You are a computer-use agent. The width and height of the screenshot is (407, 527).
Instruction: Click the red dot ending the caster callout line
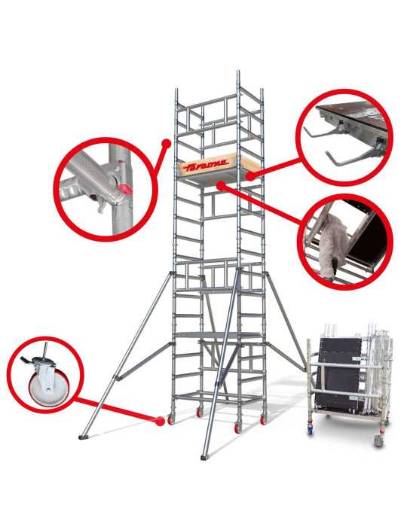click(x=161, y=421)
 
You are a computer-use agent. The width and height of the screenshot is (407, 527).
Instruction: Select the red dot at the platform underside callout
click(x=221, y=186)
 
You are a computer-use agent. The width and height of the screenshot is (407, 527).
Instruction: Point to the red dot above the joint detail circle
click(x=166, y=144)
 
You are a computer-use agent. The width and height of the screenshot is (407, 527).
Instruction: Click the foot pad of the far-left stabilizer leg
click(x=84, y=437)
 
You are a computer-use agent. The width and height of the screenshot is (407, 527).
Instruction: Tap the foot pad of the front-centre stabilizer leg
click(x=205, y=457)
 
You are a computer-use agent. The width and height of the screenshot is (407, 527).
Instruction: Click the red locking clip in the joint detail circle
click(x=126, y=189)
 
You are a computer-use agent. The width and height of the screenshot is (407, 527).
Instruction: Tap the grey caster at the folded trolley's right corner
click(x=379, y=440)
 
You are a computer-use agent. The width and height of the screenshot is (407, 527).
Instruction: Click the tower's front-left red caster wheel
click(x=171, y=420)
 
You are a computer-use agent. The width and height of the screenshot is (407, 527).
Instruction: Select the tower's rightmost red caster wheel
click(x=263, y=420)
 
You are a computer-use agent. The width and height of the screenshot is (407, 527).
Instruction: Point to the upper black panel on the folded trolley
click(x=341, y=352)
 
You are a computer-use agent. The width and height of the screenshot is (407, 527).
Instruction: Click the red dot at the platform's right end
click(x=250, y=176)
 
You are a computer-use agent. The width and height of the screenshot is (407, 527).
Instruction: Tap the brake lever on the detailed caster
click(x=26, y=361)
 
